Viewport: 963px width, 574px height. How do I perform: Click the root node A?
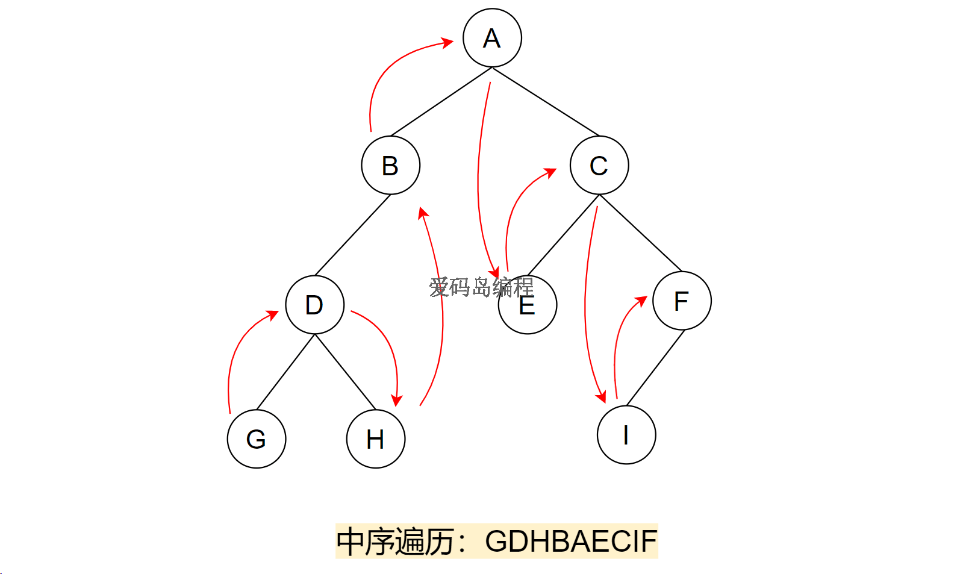point(492,37)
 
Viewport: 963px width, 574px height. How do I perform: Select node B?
point(390,165)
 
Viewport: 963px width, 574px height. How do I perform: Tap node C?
point(599,165)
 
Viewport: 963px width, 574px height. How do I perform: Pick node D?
point(314,305)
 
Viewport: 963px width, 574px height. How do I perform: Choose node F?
point(682,301)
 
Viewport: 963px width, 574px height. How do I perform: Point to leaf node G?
point(257,438)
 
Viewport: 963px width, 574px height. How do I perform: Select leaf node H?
point(376,438)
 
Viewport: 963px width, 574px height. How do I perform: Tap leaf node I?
point(626,434)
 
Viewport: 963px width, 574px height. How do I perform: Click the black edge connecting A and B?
point(441,102)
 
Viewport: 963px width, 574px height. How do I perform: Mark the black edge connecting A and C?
point(546,102)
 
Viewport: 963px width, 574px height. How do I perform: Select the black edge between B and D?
point(352,235)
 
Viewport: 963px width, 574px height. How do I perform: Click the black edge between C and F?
point(640,233)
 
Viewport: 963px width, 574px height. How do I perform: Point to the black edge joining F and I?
point(655,367)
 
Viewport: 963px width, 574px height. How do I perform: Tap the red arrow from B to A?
point(385,72)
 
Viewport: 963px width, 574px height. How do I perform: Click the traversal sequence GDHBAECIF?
point(570,541)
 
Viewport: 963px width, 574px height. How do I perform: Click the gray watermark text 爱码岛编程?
point(481,287)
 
